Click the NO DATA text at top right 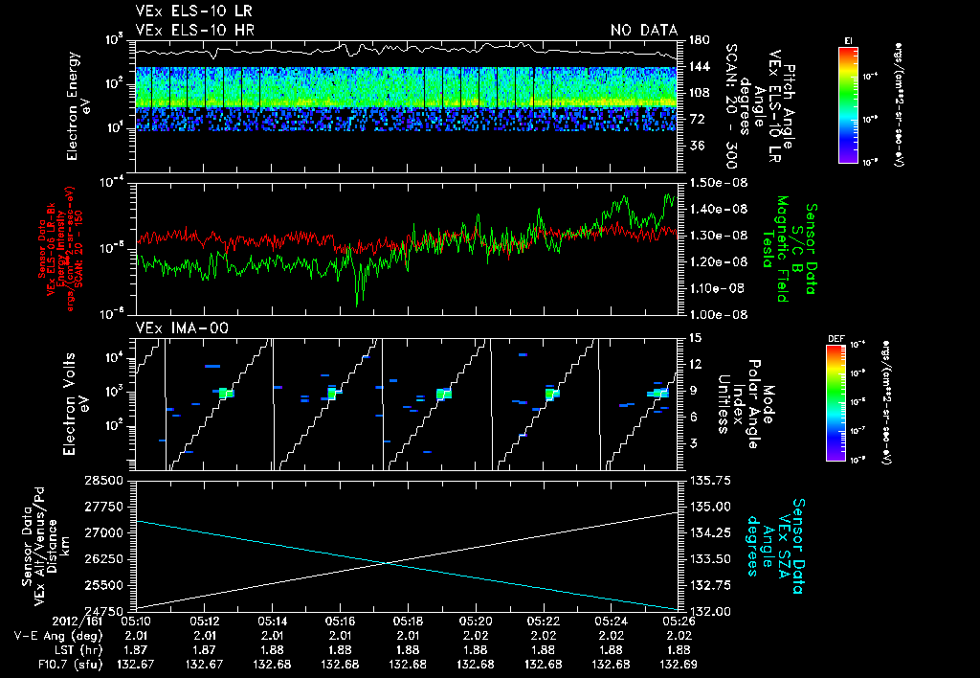click(644, 30)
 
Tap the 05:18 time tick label click(409, 621)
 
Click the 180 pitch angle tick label click(698, 39)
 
